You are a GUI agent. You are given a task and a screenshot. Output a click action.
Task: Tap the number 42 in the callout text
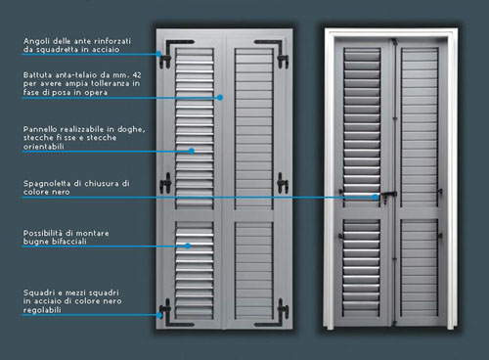tap(137, 75)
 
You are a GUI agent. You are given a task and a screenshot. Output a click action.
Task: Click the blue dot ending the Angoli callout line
tap(158, 54)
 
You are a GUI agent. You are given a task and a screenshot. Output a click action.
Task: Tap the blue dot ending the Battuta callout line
tap(220, 97)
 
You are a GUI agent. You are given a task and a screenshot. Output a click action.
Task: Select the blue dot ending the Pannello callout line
tap(192, 151)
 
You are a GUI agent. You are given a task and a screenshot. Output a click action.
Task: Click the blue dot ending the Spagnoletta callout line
tap(376, 197)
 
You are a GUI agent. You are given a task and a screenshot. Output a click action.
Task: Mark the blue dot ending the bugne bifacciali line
tap(188, 246)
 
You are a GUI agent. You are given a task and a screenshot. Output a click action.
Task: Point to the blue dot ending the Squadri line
tap(159, 315)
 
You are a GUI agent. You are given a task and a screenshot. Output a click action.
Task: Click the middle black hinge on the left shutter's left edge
tap(165, 183)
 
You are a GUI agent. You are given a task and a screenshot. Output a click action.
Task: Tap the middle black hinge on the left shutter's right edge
tap(283, 183)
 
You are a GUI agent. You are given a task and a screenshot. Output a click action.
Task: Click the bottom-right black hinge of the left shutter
tap(283, 309)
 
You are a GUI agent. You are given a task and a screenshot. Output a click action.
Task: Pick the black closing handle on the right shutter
tap(388, 197)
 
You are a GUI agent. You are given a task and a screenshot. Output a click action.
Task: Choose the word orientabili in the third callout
tap(43, 147)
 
